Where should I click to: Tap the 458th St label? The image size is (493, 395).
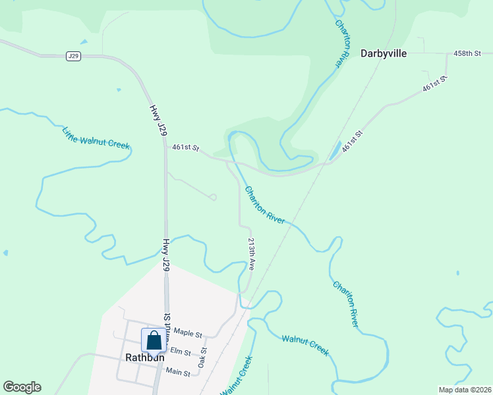[x=469, y=53]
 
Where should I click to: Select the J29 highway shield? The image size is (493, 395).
[x=73, y=57]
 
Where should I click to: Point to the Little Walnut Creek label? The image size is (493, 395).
[x=96, y=138]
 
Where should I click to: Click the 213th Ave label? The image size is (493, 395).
[x=251, y=255]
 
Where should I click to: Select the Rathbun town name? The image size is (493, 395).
[x=144, y=358]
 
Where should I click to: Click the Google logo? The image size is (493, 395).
[x=22, y=387]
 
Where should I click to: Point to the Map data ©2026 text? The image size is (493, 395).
[x=464, y=390]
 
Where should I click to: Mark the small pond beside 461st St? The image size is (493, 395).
[x=335, y=150]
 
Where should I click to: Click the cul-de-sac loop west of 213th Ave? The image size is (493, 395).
[x=213, y=197]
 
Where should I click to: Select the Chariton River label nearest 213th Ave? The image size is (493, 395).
[x=265, y=205]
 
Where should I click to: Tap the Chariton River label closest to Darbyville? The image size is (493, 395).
[x=342, y=43]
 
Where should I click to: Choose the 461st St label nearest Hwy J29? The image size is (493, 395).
[x=185, y=148]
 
